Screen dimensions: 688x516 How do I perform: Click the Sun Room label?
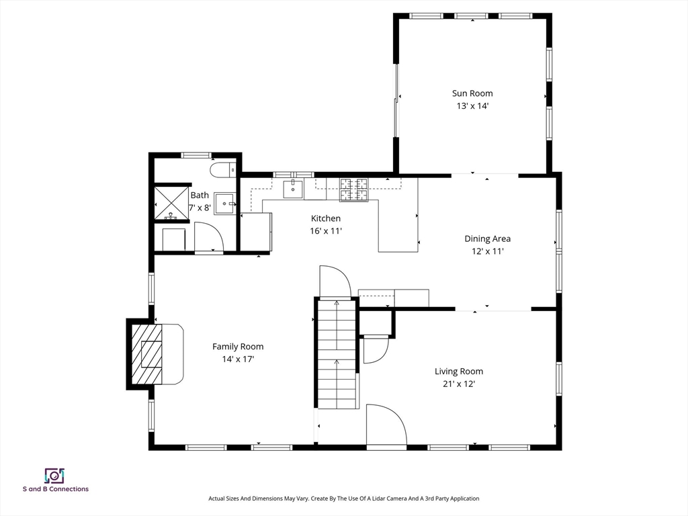[x=472, y=93]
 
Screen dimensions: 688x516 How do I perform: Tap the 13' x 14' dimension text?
[x=472, y=105]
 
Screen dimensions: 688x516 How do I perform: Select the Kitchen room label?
[x=326, y=218]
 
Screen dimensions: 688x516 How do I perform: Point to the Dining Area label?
[x=488, y=239]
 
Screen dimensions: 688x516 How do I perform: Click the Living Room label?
[x=459, y=371]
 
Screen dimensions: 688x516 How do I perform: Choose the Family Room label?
[x=238, y=347]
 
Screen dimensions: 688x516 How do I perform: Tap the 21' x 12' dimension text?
[x=459, y=384]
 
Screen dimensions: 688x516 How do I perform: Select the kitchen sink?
[x=293, y=189]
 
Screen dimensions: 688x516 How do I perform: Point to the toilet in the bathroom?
[x=223, y=170]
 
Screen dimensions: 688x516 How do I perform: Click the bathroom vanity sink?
[x=224, y=204]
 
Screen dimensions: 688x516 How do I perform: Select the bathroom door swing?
[x=209, y=236]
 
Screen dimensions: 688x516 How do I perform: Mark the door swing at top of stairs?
[x=335, y=282]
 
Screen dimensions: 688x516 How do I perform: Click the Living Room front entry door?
[x=386, y=425]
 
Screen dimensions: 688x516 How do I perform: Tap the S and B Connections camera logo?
[x=55, y=476]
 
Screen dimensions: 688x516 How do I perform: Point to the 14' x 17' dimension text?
[x=238, y=359]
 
